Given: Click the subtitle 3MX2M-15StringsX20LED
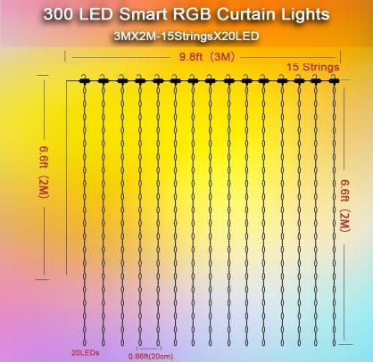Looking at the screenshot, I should click(186, 38).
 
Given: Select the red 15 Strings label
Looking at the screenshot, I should click(312, 67).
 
